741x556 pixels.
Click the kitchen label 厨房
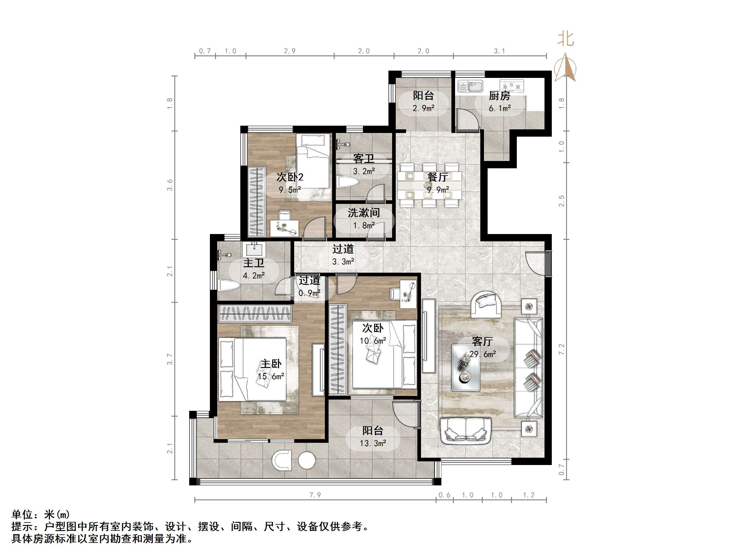pyautogui.click(x=499, y=96)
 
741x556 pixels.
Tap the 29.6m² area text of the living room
pyautogui.click(x=482, y=354)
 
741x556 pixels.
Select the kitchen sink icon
pyautogui.click(x=470, y=86)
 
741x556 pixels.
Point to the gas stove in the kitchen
pyautogui.click(x=512, y=86)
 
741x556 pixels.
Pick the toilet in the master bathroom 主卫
pyautogui.click(x=229, y=285)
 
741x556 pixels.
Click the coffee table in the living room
pyautogui.click(x=465, y=367)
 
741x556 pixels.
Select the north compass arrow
pyautogui.click(x=565, y=67)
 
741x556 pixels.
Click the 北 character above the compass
pyautogui.click(x=565, y=39)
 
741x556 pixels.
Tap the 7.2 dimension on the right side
pyautogui.click(x=562, y=349)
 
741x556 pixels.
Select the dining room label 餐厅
pyautogui.click(x=438, y=177)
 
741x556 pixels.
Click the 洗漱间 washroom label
pyautogui.click(x=364, y=212)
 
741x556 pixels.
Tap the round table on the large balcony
pyautogui.click(x=307, y=460)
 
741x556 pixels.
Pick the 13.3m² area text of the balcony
pyautogui.click(x=373, y=443)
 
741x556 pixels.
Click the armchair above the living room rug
pyautogui.click(x=486, y=304)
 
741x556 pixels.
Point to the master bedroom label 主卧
pyautogui.click(x=271, y=364)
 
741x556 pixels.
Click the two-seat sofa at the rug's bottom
pyautogui.click(x=466, y=430)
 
